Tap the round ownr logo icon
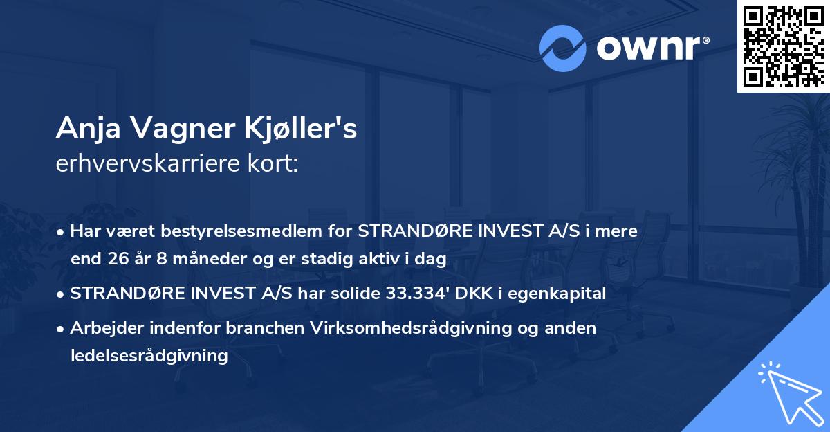[563, 48]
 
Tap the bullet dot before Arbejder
[62, 328]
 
